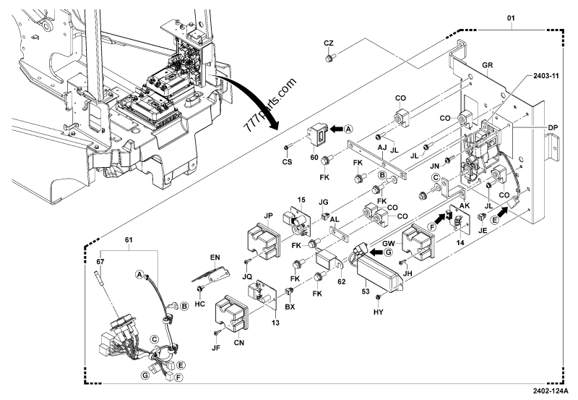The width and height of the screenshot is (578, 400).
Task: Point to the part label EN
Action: [214, 256]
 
